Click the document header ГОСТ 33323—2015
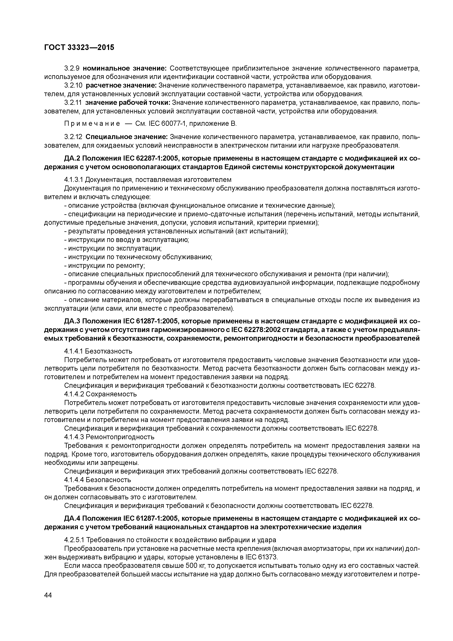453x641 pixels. (x=79, y=48)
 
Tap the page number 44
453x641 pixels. (x=48, y=595)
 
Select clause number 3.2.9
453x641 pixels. (x=72, y=68)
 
